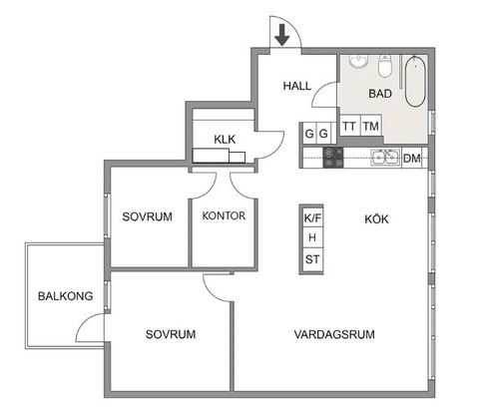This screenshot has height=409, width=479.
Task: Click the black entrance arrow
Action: pyautogui.click(x=282, y=35)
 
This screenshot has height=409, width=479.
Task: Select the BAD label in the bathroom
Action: pyautogui.click(x=379, y=95)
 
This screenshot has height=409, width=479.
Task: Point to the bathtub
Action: pyautogui.click(x=415, y=85)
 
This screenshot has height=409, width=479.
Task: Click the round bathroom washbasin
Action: pyautogui.click(x=358, y=62)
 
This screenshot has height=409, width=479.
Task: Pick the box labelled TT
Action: pyautogui.click(x=349, y=126)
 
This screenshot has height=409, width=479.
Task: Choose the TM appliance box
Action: pyautogui.click(x=371, y=126)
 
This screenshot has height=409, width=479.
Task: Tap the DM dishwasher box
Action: pyautogui.click(x=411, y=158)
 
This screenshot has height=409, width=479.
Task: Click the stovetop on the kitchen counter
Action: pyautogui.click(x=332, y=157)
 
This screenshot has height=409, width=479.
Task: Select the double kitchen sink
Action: pyautogui.click(x=385, y=158)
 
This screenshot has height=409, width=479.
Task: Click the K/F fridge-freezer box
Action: pyautogui.click(x=312, y=216)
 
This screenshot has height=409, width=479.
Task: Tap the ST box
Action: pyautogui.click(x=312, y=260)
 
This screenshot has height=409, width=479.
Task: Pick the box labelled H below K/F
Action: pyautogui.click(x=312, y=238)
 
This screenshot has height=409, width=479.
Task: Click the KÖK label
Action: pyautogui.click(x=375, y=217)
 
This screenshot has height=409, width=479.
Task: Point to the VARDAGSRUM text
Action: pyautogui.click(x=333, y=334)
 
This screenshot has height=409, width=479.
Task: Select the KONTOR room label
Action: pyautogui.click(x=224, y=216)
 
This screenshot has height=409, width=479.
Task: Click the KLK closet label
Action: pyautogui.click(x=225, y=140)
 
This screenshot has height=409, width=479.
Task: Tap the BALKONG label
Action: pyautogui.click(x=59, y=295)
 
